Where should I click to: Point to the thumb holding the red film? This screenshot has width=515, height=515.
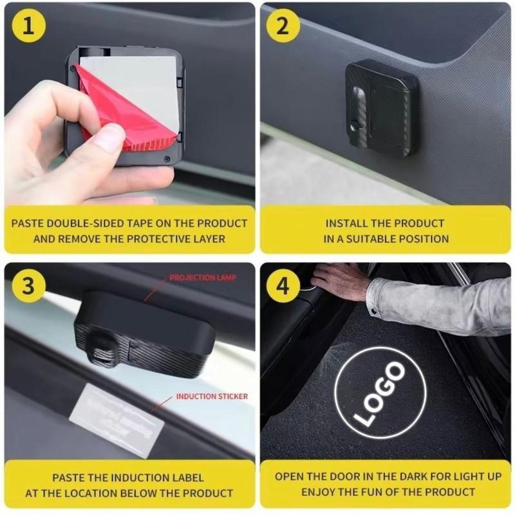tap(106, 138)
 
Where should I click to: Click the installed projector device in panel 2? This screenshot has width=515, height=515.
tap(381, 108)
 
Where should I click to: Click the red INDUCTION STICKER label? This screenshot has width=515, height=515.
tap(212, 397)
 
